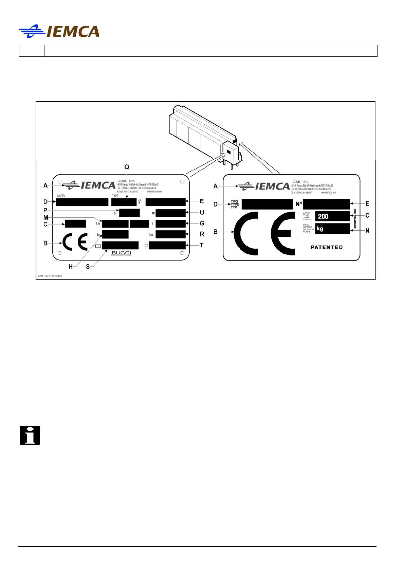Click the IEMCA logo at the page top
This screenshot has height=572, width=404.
[x=59, y=32]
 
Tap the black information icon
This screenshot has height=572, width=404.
[x=30, y=435]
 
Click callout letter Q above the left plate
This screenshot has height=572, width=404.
[x=127, y=167]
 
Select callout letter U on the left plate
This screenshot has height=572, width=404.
[x=202, y=213]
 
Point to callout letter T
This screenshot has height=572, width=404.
[x=202, y=245]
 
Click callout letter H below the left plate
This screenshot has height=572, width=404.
[x=71, y=267]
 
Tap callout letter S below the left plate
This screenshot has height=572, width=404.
[x=88, y=267]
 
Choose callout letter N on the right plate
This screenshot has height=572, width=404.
[x=367, y=231]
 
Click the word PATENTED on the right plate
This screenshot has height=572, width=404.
[x=327, y=247]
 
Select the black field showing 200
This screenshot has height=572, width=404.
[x=332, y=216]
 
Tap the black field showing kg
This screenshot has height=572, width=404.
[x=332, y=229]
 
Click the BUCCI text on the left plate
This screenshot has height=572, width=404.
[x=121, y=253]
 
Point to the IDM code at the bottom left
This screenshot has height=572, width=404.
[x=50, y=276]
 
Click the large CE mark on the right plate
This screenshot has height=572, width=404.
[x=264, y=233]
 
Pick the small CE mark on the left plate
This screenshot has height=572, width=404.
[x=75, y=242]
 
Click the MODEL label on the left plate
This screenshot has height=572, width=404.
[x=61, y=196]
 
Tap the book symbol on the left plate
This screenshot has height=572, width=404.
[x=98, y=246]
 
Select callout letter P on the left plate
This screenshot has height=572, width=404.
[x=45, y=210]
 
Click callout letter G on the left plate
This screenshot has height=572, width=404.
[x=202, y=224]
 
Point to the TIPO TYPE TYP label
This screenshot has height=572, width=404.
[x=235, y=204]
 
